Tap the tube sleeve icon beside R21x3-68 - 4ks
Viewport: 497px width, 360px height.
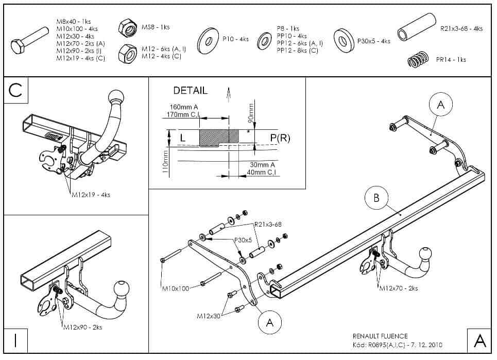click(x=417, y=28)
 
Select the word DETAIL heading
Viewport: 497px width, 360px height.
click(x=190, y=91)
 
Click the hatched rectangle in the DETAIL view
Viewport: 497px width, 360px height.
click(x=219, y=138)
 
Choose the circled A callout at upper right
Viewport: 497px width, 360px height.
click(x=440, y=105)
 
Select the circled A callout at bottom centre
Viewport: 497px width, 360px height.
click(x=269, y=322)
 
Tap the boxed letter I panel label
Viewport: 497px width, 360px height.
click(x=15, y=340)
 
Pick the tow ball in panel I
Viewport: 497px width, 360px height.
click(x=124, y=289)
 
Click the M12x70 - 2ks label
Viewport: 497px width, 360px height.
click(x=398, y=288)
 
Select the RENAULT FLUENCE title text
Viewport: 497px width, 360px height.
click(x=380, y=336)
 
